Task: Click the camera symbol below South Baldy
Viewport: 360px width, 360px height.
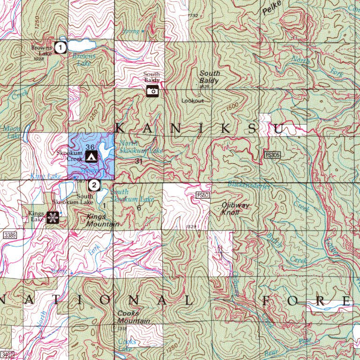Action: pyautogui.click(x=152, y=91)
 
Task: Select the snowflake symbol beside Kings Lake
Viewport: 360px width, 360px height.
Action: pyautogui.click(x=52, y=217)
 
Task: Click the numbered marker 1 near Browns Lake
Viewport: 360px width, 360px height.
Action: pyautogui.click(x=60, y=47)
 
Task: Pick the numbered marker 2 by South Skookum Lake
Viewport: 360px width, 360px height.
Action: pyautogui.click(x=95, y=185)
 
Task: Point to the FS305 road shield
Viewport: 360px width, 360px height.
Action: pyautogui.click(x=272, y=155)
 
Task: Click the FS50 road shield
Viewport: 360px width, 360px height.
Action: pyautogui.click(x=202, y=194)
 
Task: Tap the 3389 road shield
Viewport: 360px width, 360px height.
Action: pyautogui.click(x=9, y=234)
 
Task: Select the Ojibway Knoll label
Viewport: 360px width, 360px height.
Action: pyautogui.click(x=235, y=209)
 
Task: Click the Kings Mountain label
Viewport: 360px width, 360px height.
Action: pyautogui.click(x=103, y=220)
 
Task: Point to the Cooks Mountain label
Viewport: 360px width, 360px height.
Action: pyautogui.click(x=134, y=317)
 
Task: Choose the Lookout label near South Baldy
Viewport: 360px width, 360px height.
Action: pyautogui.click(x=193, y=101)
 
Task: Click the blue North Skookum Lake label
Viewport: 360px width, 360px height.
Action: pyautogui.click(x=141, y=147)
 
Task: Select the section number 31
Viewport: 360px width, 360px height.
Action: pyautogui.click(x=138, y=161)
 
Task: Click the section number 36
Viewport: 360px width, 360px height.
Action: pyautogui.click(x=91, y=147)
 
